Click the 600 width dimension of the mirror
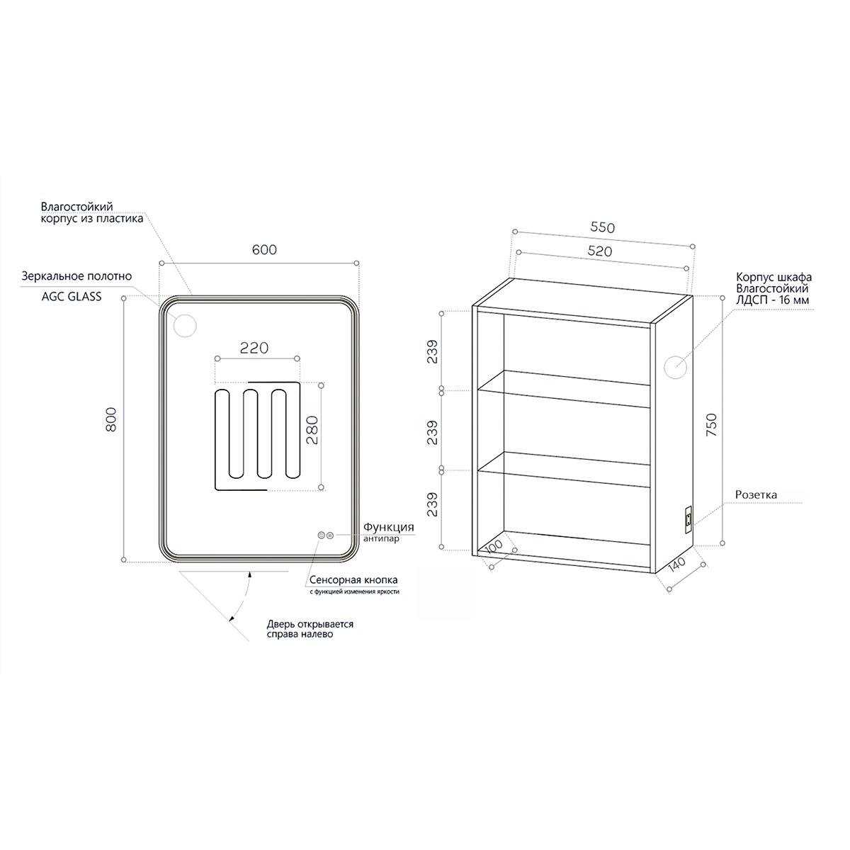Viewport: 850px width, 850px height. pyautogui.click(x=264, y=249)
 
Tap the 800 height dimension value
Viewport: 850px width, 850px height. pyautogui.click(x=112, y=419)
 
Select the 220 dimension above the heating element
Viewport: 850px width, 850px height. pyautogui.click(x=254, y=348)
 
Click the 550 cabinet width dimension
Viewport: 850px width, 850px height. pyautogui.click(x=602, y=227)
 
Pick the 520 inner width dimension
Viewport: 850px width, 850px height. pyautogui.click(x=600, y=251)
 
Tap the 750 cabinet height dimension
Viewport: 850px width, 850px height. pyautogui.click(x=711, y=425)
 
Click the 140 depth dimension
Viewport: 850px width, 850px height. pyautogui.click(x=676, y=565)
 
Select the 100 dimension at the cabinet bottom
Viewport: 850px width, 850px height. pyautogui.click(x=494, y=546)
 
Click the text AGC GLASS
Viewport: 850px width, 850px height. pyautogui.click(x=72, y=296)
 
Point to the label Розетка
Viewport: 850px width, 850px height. pyautogui.click(x=756, y=495)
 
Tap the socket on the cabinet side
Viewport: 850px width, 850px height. pyautogui.click(x=687, y=520)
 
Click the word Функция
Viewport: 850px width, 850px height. pyautogui.click(x=389, y=527)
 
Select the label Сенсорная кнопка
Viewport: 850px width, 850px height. pyautogui.click(x=353, y=580)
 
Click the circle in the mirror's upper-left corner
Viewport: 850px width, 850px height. pyautogui.click(x=185, y=326)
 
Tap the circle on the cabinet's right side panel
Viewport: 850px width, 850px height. pyautogui.click(x=675, y=367)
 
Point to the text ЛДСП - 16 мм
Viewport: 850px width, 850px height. pyautogui.click(x=772, y=300)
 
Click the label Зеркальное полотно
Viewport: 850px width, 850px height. pyautogui.click(x=76, y=276)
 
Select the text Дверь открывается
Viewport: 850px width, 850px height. pyautogui.click(x=310, y=624)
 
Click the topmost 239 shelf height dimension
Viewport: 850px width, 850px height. pyautogui.click(x=433, y=351)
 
